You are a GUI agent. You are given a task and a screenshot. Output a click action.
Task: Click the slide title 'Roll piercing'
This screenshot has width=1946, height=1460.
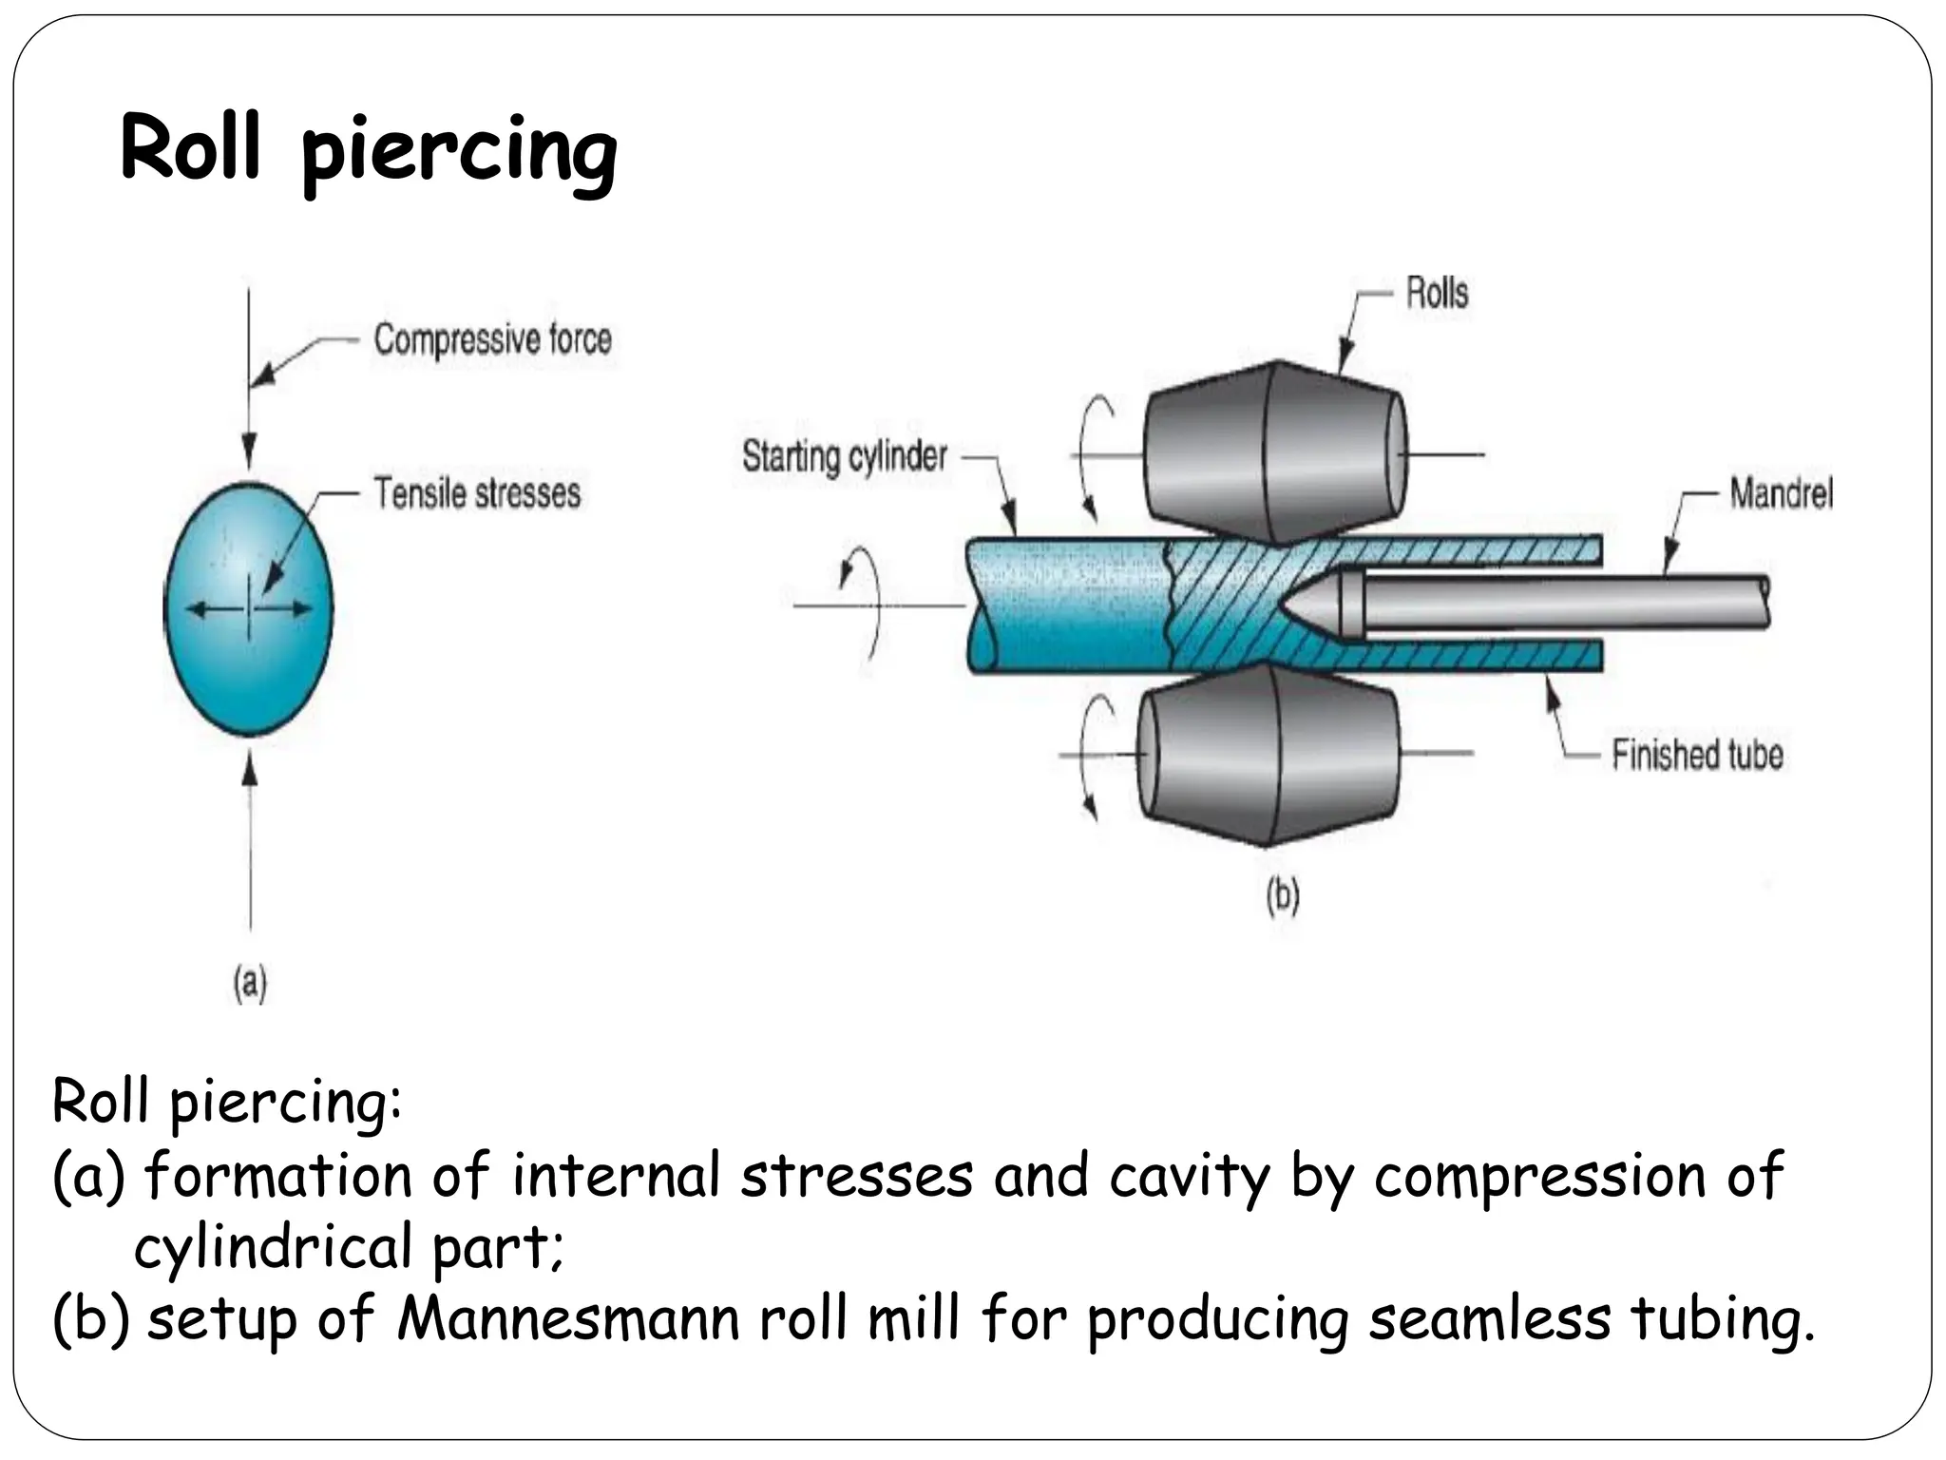pos(369,152)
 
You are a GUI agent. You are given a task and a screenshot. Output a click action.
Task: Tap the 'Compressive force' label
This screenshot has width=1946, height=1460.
pos(492,339)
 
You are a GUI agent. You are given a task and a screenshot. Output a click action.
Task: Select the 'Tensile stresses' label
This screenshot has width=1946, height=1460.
pos(477,493)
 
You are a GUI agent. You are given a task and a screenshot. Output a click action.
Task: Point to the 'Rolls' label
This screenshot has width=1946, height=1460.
pos(1437,293)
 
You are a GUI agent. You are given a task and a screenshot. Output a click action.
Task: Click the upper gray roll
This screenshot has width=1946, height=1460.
pos(1273,447)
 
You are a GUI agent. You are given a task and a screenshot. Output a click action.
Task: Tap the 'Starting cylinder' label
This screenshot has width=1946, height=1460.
pos(844,456)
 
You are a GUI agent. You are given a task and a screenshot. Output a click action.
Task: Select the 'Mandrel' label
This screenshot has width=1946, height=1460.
pos(1781,493)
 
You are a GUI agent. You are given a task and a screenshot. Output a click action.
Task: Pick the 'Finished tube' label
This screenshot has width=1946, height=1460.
pos(1697,755)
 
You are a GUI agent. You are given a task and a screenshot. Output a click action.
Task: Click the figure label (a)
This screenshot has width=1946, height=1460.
pos(250,984)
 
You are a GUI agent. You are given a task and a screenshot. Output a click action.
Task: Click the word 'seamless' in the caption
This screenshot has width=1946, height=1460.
pos(1489,1319)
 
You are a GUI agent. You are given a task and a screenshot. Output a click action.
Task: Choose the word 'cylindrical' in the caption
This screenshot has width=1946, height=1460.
pos(272,1247)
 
